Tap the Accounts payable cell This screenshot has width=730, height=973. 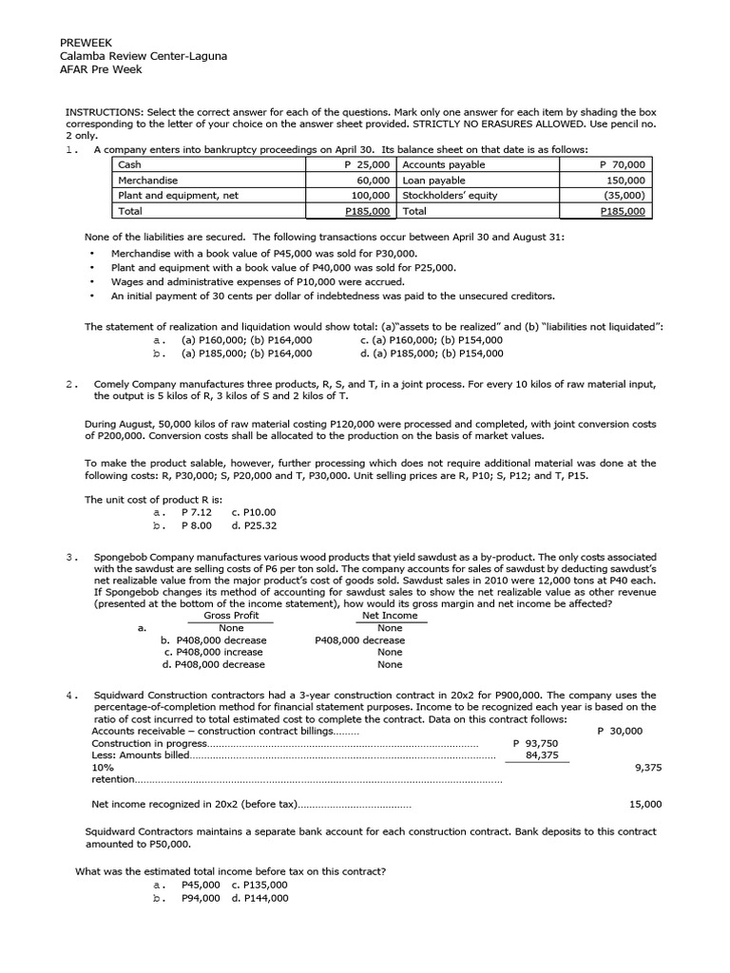pos(443,164)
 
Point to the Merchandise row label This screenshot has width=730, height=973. pos(147,180)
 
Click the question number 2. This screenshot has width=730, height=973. pos(71,384)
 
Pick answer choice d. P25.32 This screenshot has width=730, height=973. pos(254,525)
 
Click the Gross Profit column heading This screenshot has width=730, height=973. pos(231,615)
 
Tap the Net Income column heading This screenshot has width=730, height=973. pos(390,615)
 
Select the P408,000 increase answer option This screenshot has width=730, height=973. pos(215,653)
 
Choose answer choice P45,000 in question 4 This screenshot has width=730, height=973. pos(201,885)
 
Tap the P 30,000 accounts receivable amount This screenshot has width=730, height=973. pos(620,731)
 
